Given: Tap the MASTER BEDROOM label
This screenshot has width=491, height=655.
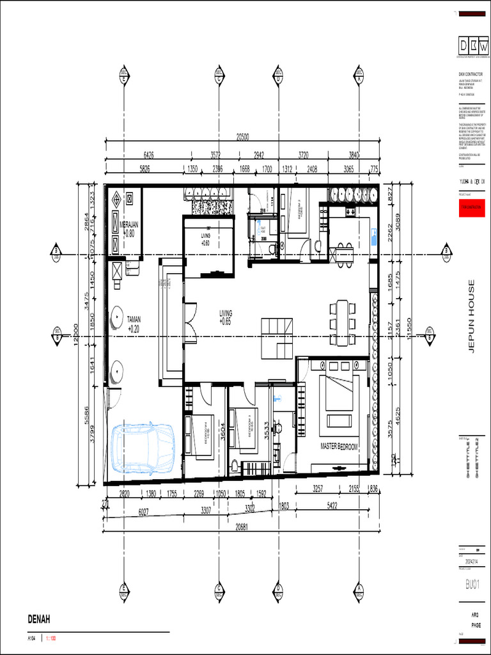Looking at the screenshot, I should pos(339,446).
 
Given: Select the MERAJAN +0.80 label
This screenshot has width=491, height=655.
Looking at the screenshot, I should pos(129,230).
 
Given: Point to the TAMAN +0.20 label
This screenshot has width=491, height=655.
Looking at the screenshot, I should pos(133,324).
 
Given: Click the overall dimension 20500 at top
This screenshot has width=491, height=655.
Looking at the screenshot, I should pos(242,136).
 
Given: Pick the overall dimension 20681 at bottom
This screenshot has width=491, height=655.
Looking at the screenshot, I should pos(242,526).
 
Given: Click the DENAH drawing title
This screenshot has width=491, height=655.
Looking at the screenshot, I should pos(38,619).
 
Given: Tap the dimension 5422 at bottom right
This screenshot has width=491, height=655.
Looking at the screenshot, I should pos(332,505).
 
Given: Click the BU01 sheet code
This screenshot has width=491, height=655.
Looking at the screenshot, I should pos(472,584).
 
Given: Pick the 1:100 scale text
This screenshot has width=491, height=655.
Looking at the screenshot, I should pos(51,638).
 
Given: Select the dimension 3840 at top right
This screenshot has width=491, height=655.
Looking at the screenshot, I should pos(354,155).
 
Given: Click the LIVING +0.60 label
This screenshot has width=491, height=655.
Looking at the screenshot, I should pos(205,240).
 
